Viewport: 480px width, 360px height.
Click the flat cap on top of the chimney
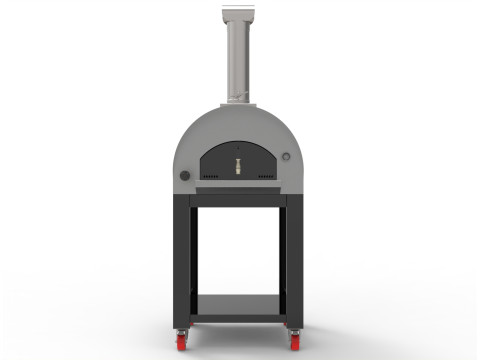[239, 11]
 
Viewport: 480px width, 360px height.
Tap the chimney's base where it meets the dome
[239, 103]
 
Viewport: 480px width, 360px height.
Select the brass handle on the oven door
[238, 163]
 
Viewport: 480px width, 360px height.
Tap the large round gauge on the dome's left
[185, 176]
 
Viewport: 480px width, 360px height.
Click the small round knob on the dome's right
[286, 158]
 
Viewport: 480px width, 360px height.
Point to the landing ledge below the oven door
[238, 188]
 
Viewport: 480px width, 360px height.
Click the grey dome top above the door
[238, 125]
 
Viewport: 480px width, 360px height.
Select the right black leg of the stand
[294, 260]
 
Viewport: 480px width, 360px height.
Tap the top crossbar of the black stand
[238, 200]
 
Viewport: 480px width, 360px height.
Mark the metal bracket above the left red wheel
[184, 327]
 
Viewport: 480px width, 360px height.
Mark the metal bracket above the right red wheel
[295, 327]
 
